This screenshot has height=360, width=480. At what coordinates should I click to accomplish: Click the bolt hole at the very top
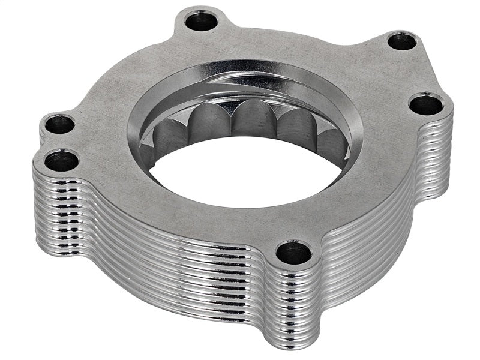[x=201, y=23]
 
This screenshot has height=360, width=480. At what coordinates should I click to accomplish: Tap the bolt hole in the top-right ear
[x=401, y=42]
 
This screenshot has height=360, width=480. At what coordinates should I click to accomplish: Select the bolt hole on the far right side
[x=426, y=104]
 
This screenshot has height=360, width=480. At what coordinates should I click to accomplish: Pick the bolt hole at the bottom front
[x=294, y=252]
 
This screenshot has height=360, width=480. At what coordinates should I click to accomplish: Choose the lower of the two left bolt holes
[x=62, y=161]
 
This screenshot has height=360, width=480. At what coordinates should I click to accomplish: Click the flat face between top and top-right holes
[x=300, y=42]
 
